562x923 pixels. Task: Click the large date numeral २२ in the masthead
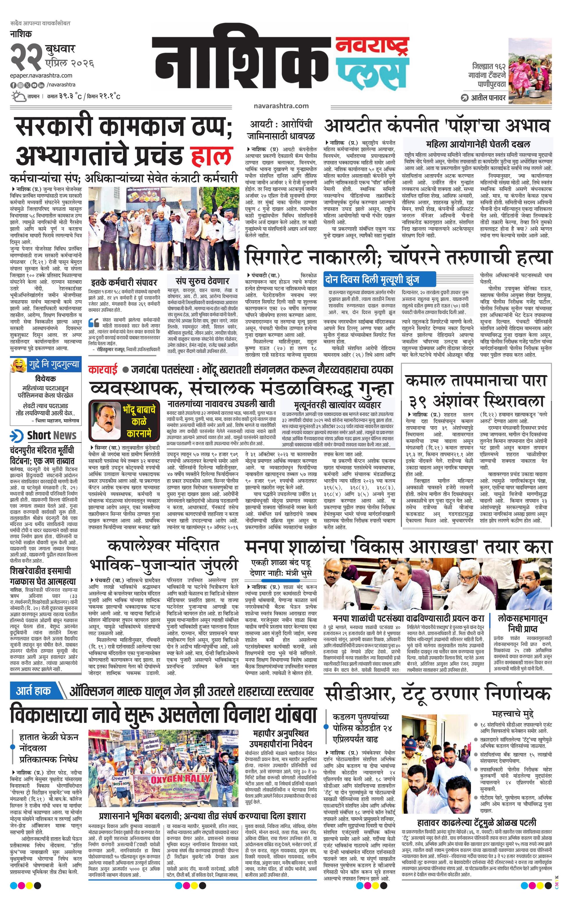26,56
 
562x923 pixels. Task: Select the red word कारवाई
103,370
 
